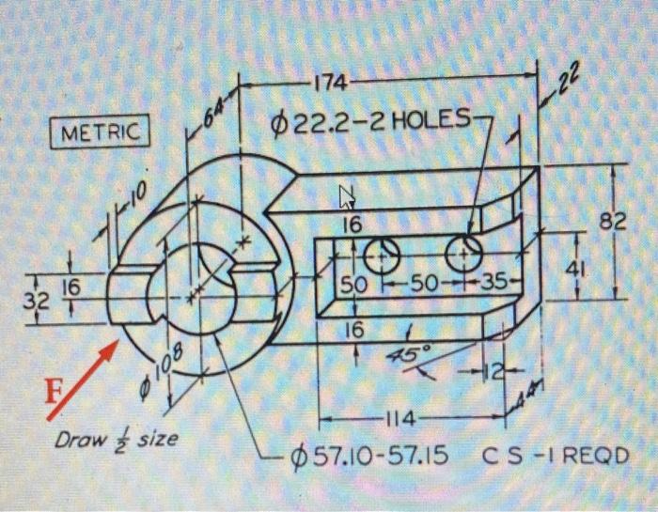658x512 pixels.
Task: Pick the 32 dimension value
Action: click(36, 303)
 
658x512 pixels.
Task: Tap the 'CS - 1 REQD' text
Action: click(555, 457)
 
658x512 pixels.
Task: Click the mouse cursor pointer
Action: click(347, 197)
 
